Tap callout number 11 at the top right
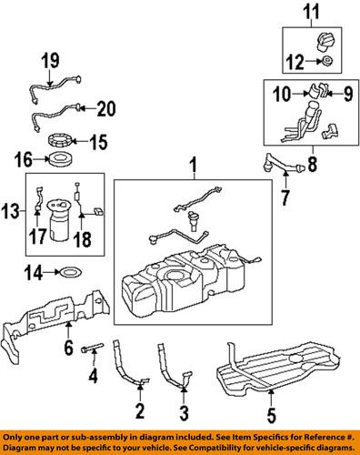[313, 12]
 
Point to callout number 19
[49, 62]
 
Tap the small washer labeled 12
[325, 63]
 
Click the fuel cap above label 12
[325, 43]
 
